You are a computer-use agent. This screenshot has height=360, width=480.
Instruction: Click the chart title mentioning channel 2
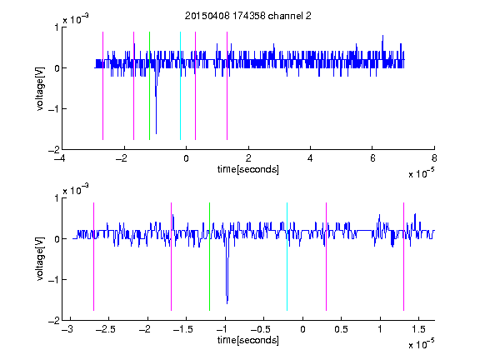248,16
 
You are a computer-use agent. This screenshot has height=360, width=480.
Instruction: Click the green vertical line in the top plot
149,86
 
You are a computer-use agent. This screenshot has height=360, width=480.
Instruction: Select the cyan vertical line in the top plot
180,86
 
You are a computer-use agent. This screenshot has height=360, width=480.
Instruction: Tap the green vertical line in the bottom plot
209,257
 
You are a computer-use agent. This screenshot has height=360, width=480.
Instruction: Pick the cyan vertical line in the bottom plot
287,257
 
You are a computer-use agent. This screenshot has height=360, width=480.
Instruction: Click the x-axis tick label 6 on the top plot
372,158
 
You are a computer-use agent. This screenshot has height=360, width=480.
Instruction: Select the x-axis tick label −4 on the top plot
60,158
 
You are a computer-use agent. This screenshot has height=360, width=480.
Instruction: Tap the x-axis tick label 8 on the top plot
434,158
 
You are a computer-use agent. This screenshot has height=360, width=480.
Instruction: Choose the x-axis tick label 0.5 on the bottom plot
341,329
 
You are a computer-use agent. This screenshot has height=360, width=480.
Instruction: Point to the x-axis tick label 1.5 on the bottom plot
418,329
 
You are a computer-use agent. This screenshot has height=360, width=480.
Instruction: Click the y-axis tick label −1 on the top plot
53,109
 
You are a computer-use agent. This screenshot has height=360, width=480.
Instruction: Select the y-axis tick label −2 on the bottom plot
53,321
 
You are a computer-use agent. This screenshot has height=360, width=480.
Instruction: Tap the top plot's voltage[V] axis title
40,88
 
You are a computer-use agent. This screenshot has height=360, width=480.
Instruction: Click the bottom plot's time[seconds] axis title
248,340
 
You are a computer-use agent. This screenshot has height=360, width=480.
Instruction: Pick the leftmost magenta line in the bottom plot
93,257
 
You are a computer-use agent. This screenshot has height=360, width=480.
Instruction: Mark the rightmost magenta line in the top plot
227,86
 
